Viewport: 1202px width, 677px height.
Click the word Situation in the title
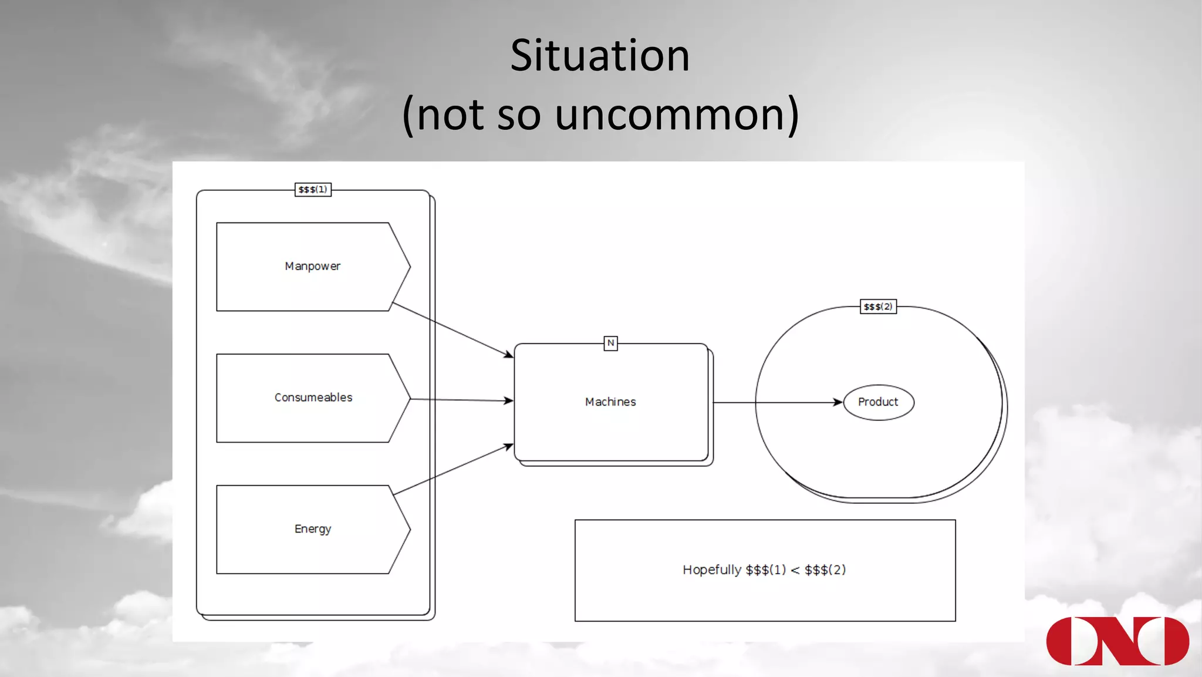click(600, 56)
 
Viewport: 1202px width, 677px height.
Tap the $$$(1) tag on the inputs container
click(313, 190)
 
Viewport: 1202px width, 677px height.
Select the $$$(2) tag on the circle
click(878, 306)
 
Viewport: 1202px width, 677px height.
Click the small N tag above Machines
click(610, 343)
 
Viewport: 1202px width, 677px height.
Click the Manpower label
click(312, 267)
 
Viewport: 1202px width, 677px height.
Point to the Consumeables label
click(313, 398)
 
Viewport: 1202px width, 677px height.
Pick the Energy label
click(313, 529)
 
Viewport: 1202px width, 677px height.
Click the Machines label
click(610, 402)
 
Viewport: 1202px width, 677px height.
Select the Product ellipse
click(878, 402)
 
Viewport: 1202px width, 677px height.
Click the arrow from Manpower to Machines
click(452, 329)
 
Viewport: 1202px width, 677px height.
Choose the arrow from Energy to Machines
click(452, 470)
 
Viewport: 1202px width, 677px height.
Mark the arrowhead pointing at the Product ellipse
click(838, 402)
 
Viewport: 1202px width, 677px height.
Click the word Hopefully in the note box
click(711, 570)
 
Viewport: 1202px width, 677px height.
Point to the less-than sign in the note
click(795, 571)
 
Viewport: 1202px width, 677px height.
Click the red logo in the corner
click(1117, 641)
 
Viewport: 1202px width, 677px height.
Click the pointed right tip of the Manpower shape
click(409, 267)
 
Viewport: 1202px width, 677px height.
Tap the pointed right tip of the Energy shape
click(409, 529)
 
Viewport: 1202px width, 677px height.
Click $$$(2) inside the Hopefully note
click(825, 570)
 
